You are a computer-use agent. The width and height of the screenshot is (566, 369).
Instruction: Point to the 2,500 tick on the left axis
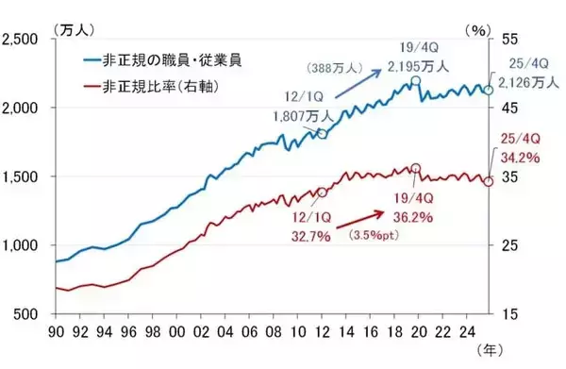click(x=22, y=39)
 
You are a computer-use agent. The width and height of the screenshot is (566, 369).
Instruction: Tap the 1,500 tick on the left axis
click(x=22, y=176)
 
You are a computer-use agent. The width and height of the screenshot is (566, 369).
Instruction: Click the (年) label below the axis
click(x=486, y=350)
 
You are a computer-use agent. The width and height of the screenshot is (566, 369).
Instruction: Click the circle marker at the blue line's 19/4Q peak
click(x=414, y=82)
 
